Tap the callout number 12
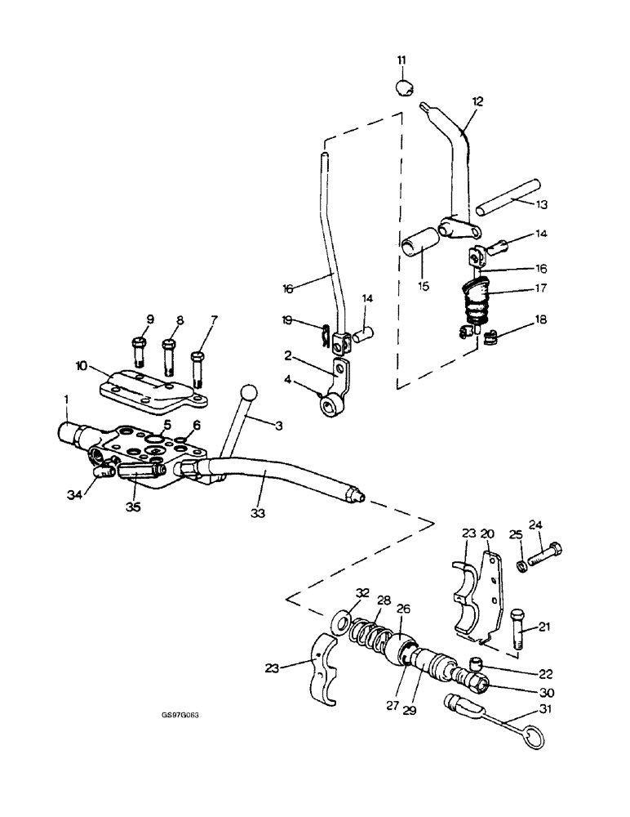point(477,101)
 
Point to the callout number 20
point(488,534)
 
